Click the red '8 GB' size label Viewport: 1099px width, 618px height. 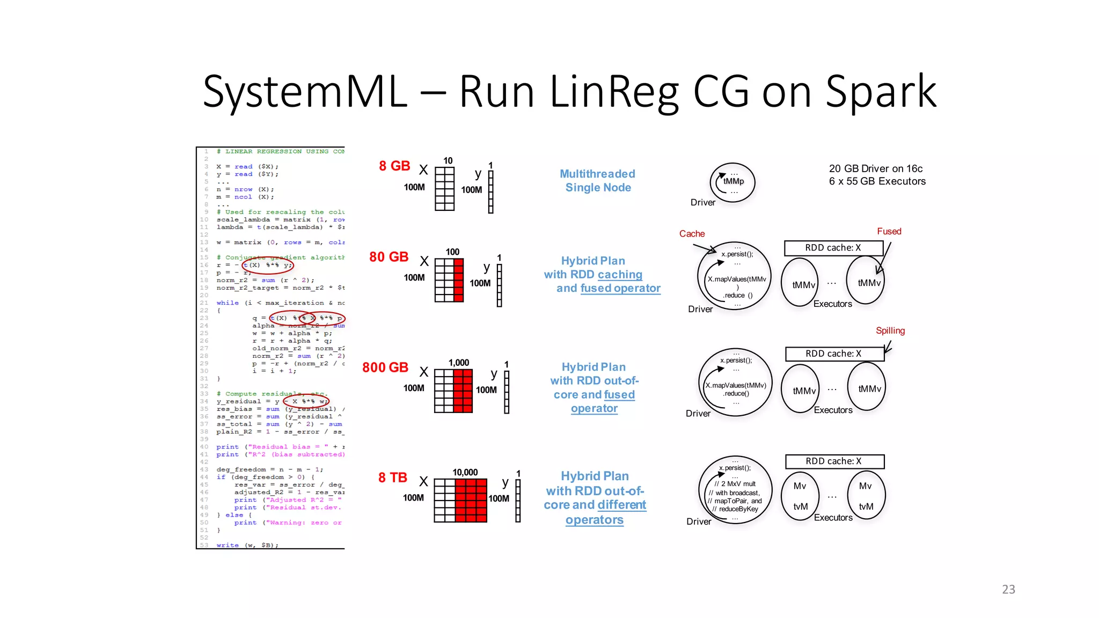click(x=394, y=166)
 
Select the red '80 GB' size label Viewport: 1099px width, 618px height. click(x=389, y=257)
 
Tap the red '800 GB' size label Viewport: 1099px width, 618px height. click(x=385, y=367)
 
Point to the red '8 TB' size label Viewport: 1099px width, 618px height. click(x=393, y=477)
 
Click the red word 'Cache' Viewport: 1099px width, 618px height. click(x=692, y=234)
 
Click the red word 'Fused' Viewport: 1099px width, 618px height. click(x=889, y=231)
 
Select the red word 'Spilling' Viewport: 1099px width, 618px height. click(x=890, y=330)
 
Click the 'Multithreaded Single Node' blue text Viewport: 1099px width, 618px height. click(x=597, y=181)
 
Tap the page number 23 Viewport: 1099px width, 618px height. click(x=1008, y=589)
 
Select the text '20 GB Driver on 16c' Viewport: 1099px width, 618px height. click(x=875, y=168)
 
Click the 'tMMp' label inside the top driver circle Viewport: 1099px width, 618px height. click(x=734, y=181)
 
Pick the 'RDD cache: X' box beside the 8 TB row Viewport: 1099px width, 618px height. click(x=834, y=461)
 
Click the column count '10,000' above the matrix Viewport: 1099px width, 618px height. click(x=465, y=472)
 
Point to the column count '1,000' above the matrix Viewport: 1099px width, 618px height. click(x=459, y=363)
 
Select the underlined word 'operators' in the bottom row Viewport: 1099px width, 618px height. click(x=594, y=520)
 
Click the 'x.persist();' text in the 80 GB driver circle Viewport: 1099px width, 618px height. click(x=737, y=254)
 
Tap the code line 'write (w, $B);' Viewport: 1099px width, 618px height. click(x=247, y=545)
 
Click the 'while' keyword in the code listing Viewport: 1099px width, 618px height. click(x=228, y=303)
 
